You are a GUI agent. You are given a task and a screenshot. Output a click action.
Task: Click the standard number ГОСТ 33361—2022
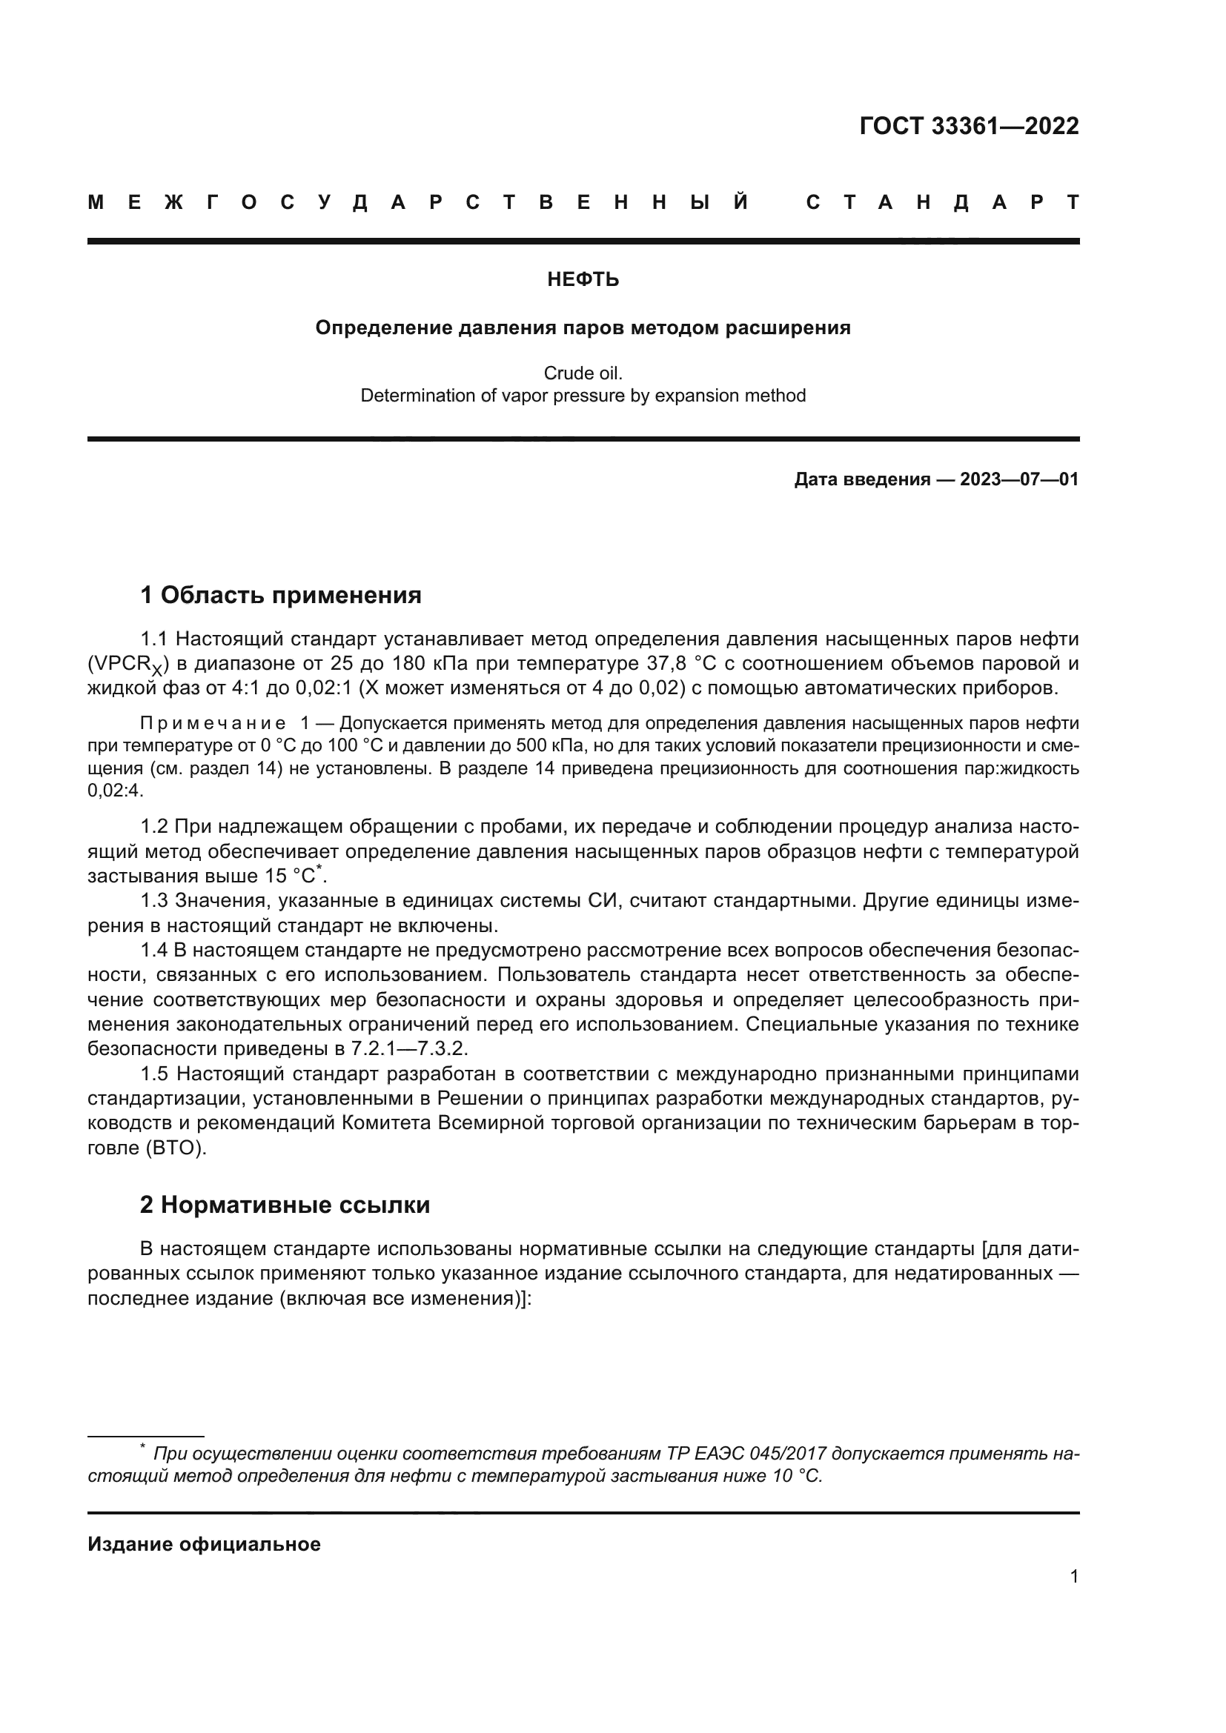[x=969, y=126]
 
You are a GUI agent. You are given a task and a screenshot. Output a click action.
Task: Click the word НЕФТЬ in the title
[x=583, y=280]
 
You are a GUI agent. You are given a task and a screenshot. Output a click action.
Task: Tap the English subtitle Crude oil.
[x=583, y=373]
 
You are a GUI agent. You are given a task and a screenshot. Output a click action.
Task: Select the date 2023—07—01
[x=1019, y=479]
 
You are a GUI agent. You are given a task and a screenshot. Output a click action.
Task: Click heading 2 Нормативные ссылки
[x=285, y=1205]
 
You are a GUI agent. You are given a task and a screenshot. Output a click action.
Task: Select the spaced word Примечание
[x=212, y=723]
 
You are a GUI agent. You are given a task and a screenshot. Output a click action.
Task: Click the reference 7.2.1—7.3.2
[x=409, y=1049]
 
